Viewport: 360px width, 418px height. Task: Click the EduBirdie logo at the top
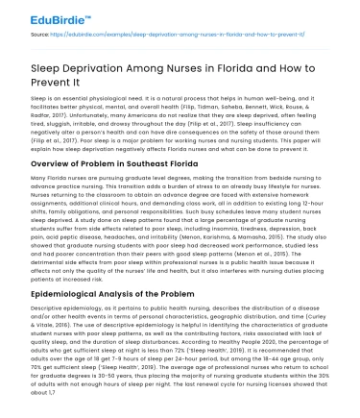[37, 13]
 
